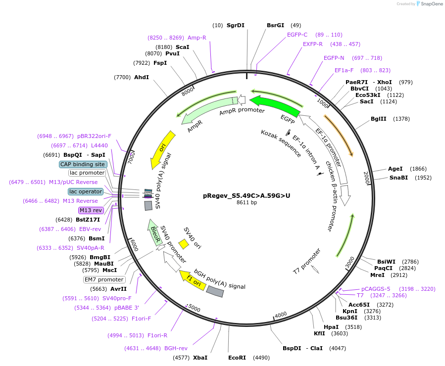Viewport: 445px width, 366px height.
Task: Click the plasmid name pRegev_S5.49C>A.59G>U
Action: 247,195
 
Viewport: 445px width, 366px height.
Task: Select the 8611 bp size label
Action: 247,202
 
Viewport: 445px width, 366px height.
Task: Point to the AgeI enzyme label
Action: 395,169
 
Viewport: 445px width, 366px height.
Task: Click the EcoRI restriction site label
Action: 237,357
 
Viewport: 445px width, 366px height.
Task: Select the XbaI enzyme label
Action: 200,357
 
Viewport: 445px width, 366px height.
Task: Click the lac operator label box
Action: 86,191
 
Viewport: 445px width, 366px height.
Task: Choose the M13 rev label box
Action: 90,210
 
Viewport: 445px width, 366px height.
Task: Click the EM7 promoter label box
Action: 103,279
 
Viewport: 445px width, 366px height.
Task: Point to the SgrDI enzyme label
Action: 236,25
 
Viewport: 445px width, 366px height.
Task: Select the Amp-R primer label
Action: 197,38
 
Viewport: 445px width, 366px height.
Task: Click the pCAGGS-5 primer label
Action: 376,289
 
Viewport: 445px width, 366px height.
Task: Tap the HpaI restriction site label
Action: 331,326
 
